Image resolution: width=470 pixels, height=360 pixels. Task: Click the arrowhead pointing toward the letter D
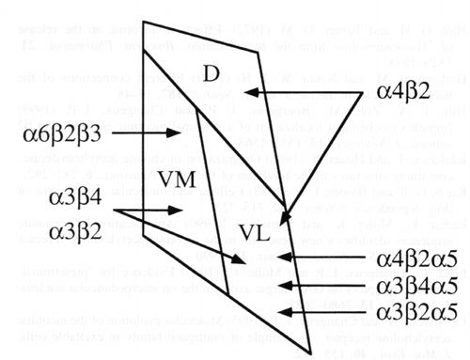point(247,92)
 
